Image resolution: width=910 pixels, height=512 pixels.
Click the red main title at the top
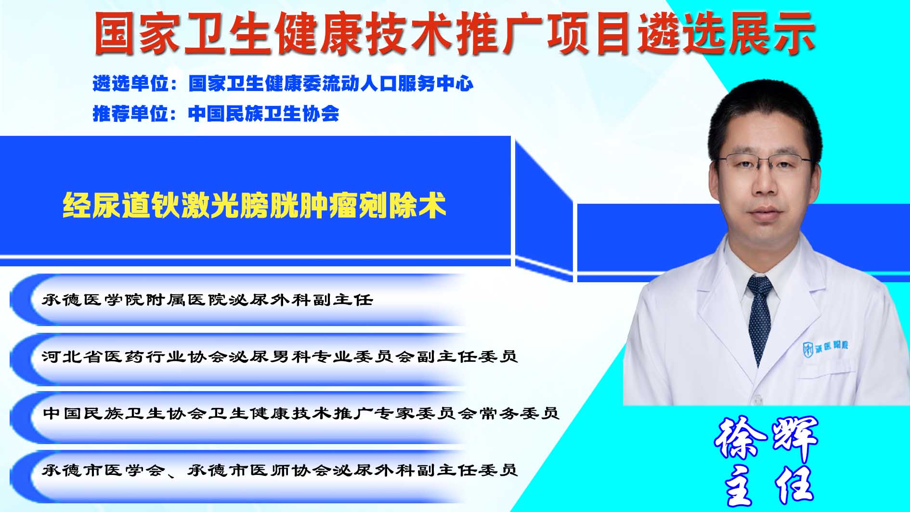[x=454, y=33]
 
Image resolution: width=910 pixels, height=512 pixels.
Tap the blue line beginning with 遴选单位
[x=283, y=83]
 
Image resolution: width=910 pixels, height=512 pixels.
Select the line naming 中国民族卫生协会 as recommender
[x=216, y=114]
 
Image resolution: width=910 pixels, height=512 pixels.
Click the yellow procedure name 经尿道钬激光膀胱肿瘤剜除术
[x=254, y=206]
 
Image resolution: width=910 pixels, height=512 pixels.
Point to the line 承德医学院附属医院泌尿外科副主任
[x=208, y=300]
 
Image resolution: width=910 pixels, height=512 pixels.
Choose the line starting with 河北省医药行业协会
[x=280, y=356]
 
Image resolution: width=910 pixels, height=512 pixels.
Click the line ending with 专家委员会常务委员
[x=301, y=413]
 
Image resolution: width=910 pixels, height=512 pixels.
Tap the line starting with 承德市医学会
[x=280, y=470]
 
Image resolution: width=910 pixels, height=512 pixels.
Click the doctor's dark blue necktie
[x=760, y=318]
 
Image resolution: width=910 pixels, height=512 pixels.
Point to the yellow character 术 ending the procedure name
[x=432, y=206]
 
